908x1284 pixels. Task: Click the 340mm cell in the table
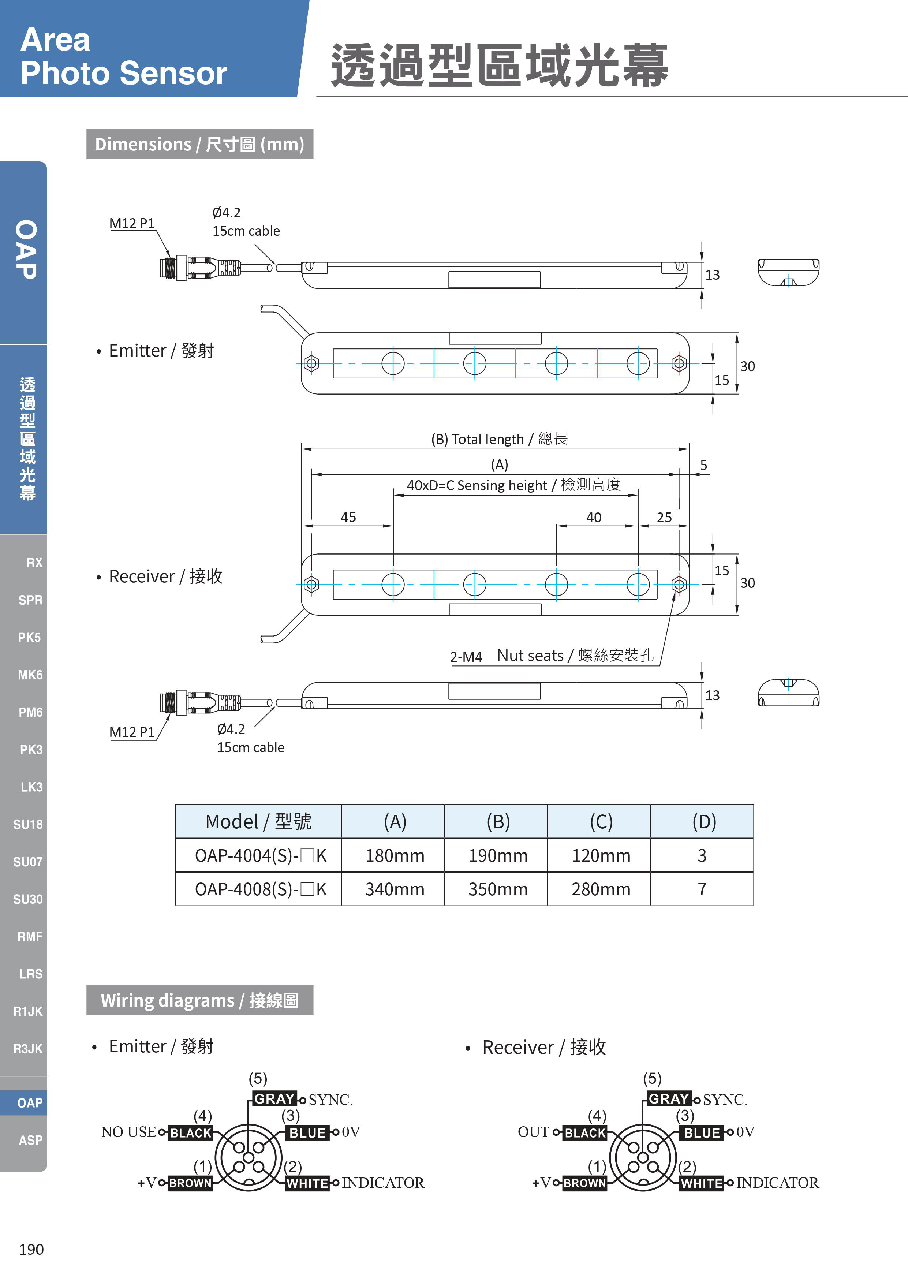tap(395, 889)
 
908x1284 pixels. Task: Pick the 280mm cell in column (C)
tap(601, 889)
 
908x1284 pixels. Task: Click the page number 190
tap(31, 1249)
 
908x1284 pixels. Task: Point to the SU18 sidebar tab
tap(28, 824)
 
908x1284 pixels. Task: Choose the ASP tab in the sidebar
tap(30, 1140)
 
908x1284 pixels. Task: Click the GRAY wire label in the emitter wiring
tap(274, 1098)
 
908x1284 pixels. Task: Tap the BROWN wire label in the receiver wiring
tap(585, 1183)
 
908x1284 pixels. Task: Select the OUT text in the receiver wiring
tap(533, 1132)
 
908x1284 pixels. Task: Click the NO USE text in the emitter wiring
tap(128, 1132)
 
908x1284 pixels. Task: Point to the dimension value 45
tap(348, 517)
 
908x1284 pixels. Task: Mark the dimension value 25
tap(664, 517)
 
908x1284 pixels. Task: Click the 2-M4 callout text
tap(466, 657)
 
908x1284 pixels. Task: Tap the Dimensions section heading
tap(199, 144)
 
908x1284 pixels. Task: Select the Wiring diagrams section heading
tap(199, 1000)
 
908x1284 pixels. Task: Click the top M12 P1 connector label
tap(132, 223)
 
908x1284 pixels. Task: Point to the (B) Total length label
tap(499, 438)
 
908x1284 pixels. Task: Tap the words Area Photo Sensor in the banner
tap(124, 56)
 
